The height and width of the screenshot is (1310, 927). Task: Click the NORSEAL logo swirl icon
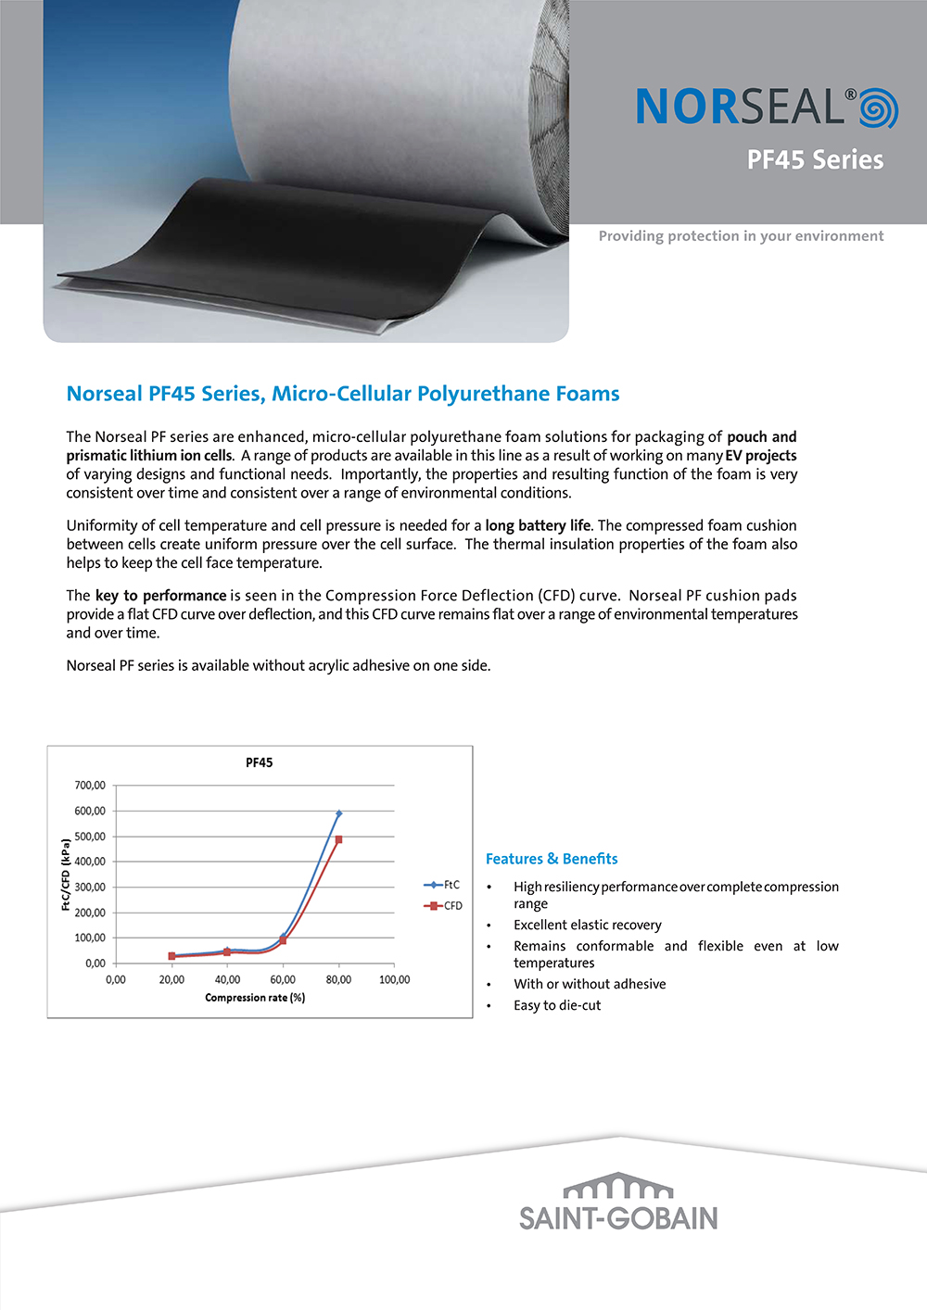coord(878,108)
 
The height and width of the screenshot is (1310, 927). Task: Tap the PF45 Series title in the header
coord(815,160)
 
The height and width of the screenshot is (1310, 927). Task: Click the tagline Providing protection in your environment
coord(741,236)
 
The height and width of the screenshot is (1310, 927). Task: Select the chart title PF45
coord(260,762)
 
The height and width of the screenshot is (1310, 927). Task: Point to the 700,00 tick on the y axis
coord(90,786)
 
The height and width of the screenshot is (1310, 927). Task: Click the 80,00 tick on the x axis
coord(338,979)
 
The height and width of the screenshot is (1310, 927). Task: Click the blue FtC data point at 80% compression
coord(339,813)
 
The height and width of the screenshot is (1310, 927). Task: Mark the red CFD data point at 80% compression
coord(339,839)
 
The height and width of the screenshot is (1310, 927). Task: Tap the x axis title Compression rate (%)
coord(255,998)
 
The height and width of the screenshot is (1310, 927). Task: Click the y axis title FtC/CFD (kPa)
coord(66,875)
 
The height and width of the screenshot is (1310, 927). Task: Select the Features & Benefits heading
coord(552,859)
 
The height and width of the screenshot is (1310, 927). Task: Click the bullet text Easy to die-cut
coord(557,1005)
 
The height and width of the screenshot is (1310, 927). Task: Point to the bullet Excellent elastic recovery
coord(588,925)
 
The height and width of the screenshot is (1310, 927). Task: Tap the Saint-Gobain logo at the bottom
coord(618,1203)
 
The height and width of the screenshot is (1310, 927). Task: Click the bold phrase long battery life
coord(538,525)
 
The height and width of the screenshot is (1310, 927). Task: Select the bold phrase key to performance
coord(161,596)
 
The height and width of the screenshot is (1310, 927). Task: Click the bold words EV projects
coord(761,456)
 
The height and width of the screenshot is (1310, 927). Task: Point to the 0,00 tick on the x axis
coord(116,979)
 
